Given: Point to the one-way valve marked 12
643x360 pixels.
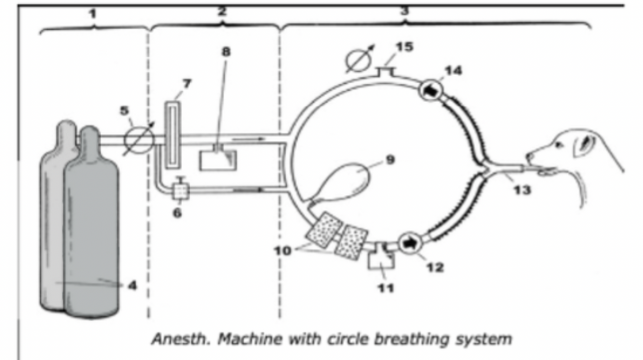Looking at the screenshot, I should tap(409, 241).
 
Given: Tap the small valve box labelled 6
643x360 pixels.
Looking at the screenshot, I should tap(181, 192).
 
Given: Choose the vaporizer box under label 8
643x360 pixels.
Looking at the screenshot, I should tap(216, 160).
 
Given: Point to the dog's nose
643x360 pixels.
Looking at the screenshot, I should tap(529, 156).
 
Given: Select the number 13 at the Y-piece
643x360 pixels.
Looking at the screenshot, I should tap(522, 190).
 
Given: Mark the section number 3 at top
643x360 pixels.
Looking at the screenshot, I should tap(404, 11).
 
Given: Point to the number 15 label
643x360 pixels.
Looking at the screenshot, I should tap(404, 48).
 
